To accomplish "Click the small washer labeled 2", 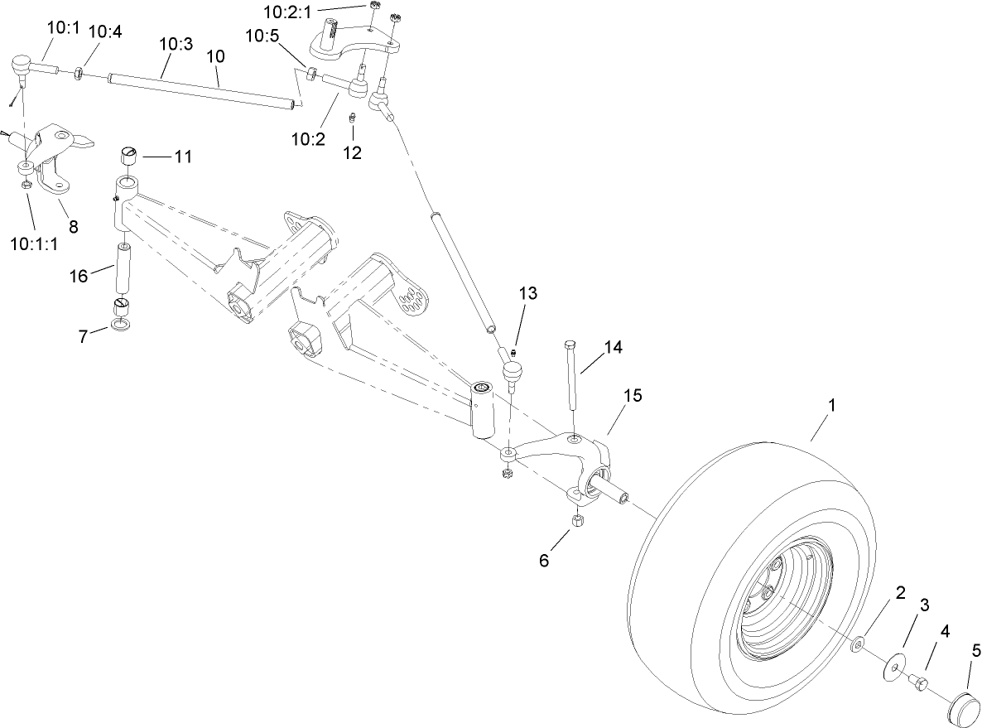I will (859, 643).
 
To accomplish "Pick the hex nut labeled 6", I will (580, 521).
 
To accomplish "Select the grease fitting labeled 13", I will (513, 354).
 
